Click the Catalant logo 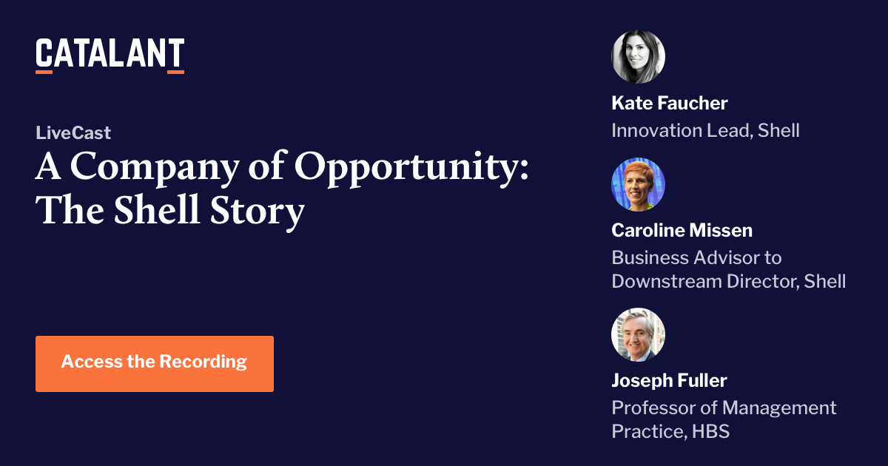pyautogui.click(x=110, y=54)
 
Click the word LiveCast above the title pyautogui.click(x=73, y=133)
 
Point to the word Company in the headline pyautogui.click(x=147, y=167)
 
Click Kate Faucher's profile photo pyautogui.click(x=638, y=56)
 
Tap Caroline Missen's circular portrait pyautogui.click(x=638, y=184)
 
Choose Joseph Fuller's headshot pyautogui.click(x=638, y=334)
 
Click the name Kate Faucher pyautogui.click(x=670, y=103)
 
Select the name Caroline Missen pyautogui.click(x=682, y=230)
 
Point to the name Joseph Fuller pyautogui.click(x=669, y=380)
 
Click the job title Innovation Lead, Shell pyautogui.click(x=705, y=131)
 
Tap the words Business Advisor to pyautogui.click(x=696, y=258)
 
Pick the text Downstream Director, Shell pyautogui.click(x=728, y=281)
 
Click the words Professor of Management pyautogui.click(x=724, y=408)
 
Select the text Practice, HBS pyautogui.click(x=670, y=431)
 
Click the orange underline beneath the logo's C pyautogui.click(x=44, y=72)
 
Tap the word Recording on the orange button pyautogui.click(x=203, y=362)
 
